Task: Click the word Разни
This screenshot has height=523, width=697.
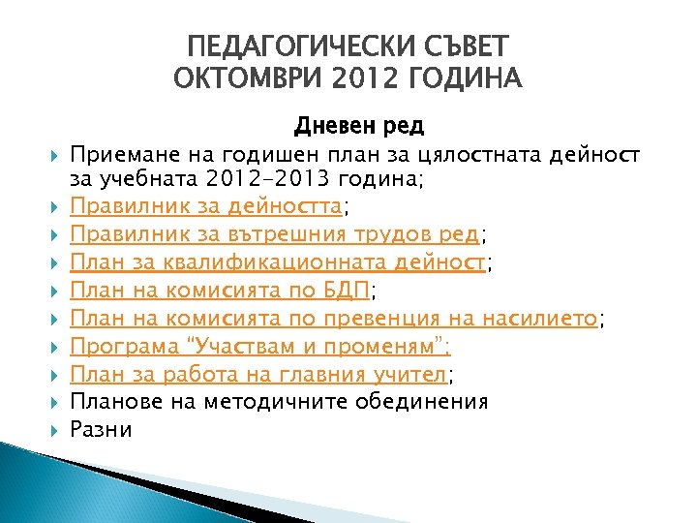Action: point(102,429)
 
